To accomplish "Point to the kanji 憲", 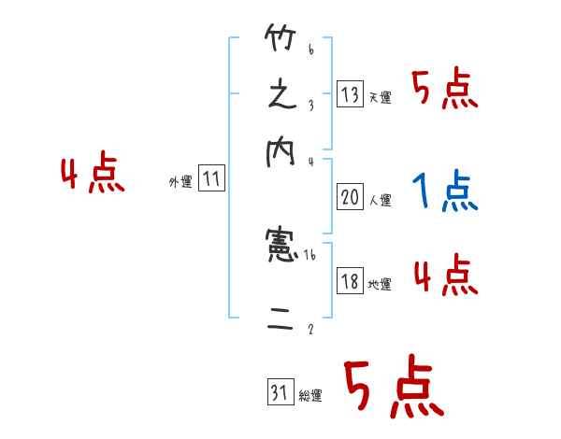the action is point(280,246).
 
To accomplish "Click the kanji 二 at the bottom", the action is point(280,322).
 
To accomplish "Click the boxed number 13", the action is point(351,94).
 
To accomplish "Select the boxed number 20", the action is point(351,197).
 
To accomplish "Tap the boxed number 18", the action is point(351,282).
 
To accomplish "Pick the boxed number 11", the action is point(211,180).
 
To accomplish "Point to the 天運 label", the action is point(380,97).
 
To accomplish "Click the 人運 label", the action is point(380,200).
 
